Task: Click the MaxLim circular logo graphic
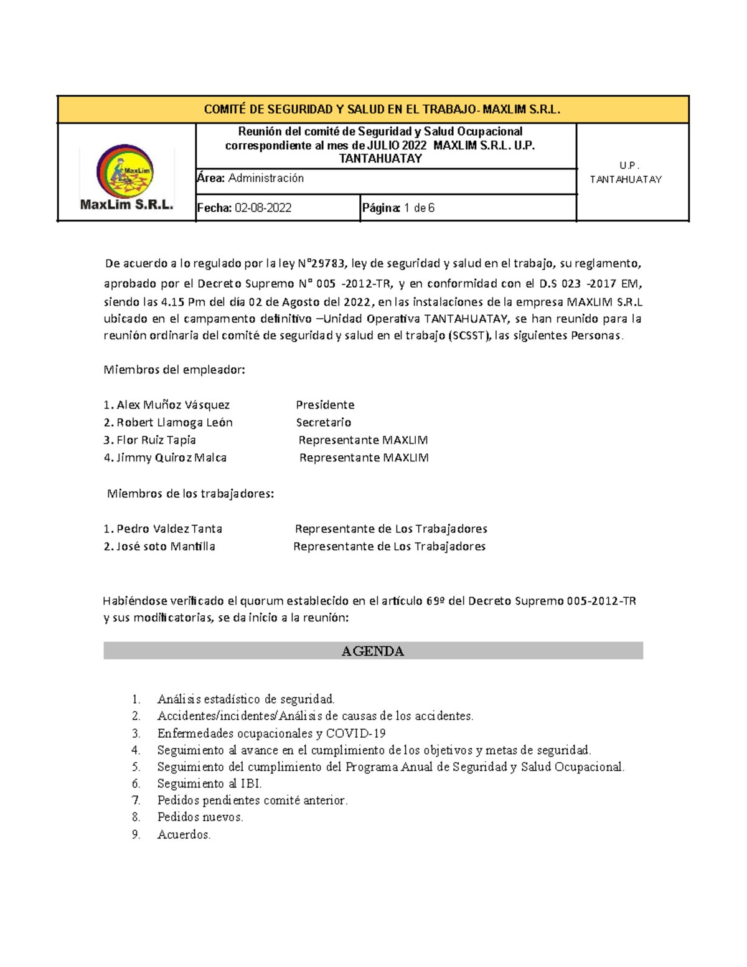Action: coord(125,171)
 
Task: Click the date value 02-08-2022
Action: coord(263,208)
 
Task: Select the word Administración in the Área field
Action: coord(266,178)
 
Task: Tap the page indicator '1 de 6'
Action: coord(419,208)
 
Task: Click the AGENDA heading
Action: coord(373,651)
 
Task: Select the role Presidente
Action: coord(325,405)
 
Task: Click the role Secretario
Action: coord(324,422)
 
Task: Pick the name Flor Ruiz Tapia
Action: coord(156,440)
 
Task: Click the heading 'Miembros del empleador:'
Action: coord(174,370)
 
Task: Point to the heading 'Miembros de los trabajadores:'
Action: coord(190,494)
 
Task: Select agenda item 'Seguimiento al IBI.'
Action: coord(209,783)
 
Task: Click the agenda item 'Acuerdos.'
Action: coord(184,834)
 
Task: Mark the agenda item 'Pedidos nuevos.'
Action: coord(200,817)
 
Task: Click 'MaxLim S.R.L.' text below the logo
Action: coord(127,204)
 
